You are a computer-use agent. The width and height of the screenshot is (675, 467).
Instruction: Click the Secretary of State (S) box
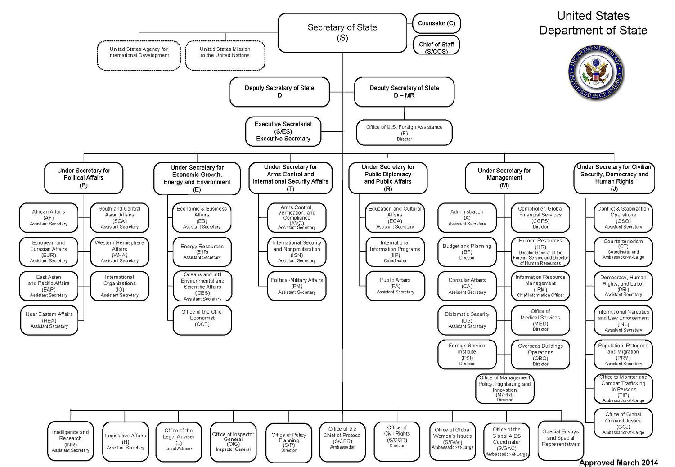[x=342, y=32]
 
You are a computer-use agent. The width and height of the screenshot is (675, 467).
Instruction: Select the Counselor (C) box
[x=436, y=23]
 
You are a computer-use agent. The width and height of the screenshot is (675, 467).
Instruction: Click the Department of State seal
[x=596, y=72]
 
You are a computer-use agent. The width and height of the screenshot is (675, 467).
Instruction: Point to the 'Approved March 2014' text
[x=618, y=462]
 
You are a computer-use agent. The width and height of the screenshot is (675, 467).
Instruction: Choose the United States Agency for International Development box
[x=139, y=55]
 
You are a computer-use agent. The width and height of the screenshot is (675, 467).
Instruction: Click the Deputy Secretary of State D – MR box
[x=404, y=92]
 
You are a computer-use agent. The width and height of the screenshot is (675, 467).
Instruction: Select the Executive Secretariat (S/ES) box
[x=283, y=131]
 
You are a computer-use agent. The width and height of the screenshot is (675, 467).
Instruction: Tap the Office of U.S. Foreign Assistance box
[x=404, y=133]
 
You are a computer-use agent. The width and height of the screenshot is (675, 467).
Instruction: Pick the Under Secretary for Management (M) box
[x=504, y=178]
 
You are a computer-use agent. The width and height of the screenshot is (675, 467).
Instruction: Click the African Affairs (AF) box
[x=49, y=217]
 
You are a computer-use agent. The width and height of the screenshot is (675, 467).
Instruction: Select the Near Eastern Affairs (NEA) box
[x=49, y=320]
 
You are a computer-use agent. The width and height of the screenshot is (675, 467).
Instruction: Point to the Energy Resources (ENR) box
[x=202, y=251]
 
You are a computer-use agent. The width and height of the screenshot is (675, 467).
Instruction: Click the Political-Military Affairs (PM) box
[x=297, y=286]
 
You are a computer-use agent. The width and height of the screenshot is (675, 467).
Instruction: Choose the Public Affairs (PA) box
[x=395, y=286]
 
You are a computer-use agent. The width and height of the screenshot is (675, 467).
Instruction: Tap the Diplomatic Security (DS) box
[x=467, y=320]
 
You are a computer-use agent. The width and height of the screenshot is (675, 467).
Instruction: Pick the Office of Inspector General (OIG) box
[x=233, y=442]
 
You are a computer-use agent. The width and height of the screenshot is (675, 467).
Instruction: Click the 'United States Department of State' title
[x=593, y=23]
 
